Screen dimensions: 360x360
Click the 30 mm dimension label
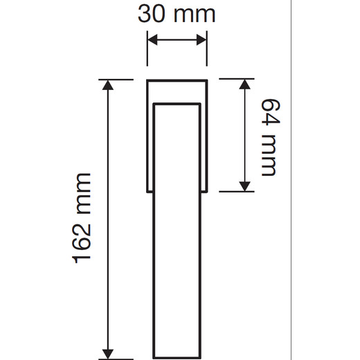click(x=177, y=15)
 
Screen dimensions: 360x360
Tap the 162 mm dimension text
click(x=82, y=218)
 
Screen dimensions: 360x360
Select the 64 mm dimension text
click(x=271, y=138)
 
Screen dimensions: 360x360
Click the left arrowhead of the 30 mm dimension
click(x=152, y=39)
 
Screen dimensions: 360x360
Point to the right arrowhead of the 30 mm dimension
click(x=201, y=39)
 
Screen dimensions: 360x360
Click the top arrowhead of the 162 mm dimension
click(x=108, y=84)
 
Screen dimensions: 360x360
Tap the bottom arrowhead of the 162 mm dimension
click(x=108, y=354)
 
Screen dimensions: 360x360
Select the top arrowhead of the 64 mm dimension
click(x=244, y=84)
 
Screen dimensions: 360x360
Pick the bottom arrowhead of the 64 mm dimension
click(x=244, y=186)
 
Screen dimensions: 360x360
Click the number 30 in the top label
click(x=152, y=15)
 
